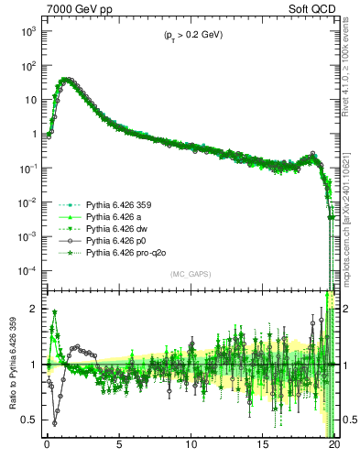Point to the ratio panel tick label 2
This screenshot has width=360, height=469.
coord(33,309)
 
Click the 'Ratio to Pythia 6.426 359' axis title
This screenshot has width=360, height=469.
coord(11,364)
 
